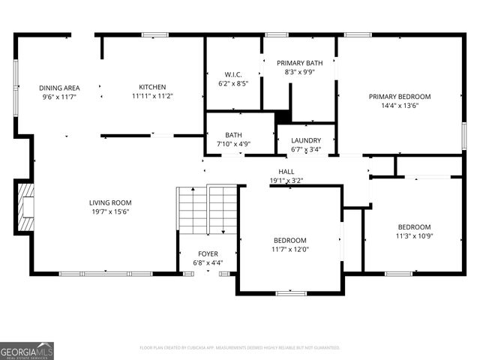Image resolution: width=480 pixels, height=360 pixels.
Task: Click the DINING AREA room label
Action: coord(60,88)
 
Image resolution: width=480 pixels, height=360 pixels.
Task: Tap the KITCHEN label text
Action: coord(152,88)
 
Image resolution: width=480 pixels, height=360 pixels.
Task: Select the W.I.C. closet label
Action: coord(232,74)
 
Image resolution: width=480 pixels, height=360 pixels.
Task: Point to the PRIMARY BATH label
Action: coord(299,63)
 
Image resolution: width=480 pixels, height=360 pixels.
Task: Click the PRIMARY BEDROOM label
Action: coord(399,97)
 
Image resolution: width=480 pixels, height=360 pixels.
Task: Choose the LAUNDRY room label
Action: coord(306,140)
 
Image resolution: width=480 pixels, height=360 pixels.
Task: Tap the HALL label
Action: coord(286,172)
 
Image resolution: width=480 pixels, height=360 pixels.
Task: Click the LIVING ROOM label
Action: coord(110,202)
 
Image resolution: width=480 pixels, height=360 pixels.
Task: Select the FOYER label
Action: coord(208,253)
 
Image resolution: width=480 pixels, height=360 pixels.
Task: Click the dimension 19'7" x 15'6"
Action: coord(110,211)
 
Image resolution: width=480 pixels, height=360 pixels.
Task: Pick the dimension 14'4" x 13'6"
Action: coord(399,106)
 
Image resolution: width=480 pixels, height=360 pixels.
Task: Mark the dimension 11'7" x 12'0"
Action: coord(289,249)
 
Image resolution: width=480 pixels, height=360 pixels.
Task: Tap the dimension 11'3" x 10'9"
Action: coord(414,236)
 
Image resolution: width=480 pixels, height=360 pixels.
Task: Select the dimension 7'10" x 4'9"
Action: coord(233,144)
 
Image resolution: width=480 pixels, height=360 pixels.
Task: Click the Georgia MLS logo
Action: coord(27,350)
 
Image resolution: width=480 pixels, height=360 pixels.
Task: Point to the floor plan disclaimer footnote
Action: coord(240,347)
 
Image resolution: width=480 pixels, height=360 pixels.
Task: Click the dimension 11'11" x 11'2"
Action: coord(152,96)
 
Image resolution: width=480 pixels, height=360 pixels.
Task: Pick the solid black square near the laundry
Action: coord(283,117)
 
